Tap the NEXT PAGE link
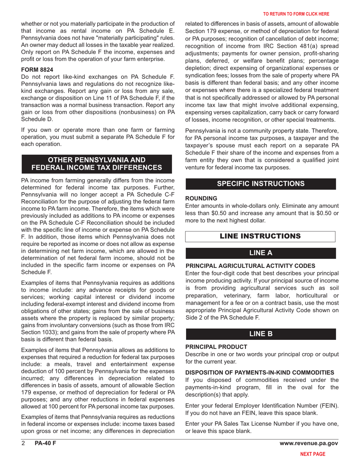[x=313, y=453]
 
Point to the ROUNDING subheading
[x=201, y=198]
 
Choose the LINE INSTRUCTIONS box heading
[x=260, y=236]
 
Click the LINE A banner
[x=260, y=253]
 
